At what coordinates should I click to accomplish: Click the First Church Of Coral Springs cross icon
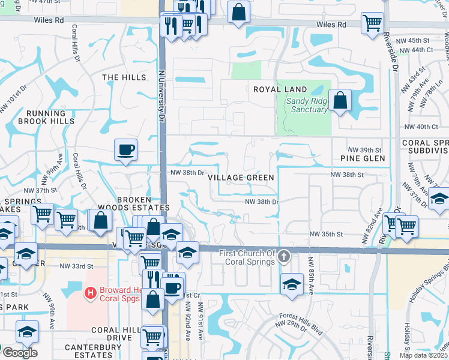tap(285, 257)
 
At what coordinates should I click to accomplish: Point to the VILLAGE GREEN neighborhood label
tap(241, 178)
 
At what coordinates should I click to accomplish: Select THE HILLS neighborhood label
tap(124, 77)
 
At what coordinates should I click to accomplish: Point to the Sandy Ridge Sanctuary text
tap(307, 105)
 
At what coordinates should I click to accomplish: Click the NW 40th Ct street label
tap(422, 127)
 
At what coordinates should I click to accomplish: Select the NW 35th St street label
tap(326, 234)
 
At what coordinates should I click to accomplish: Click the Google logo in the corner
tap(19, 353)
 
